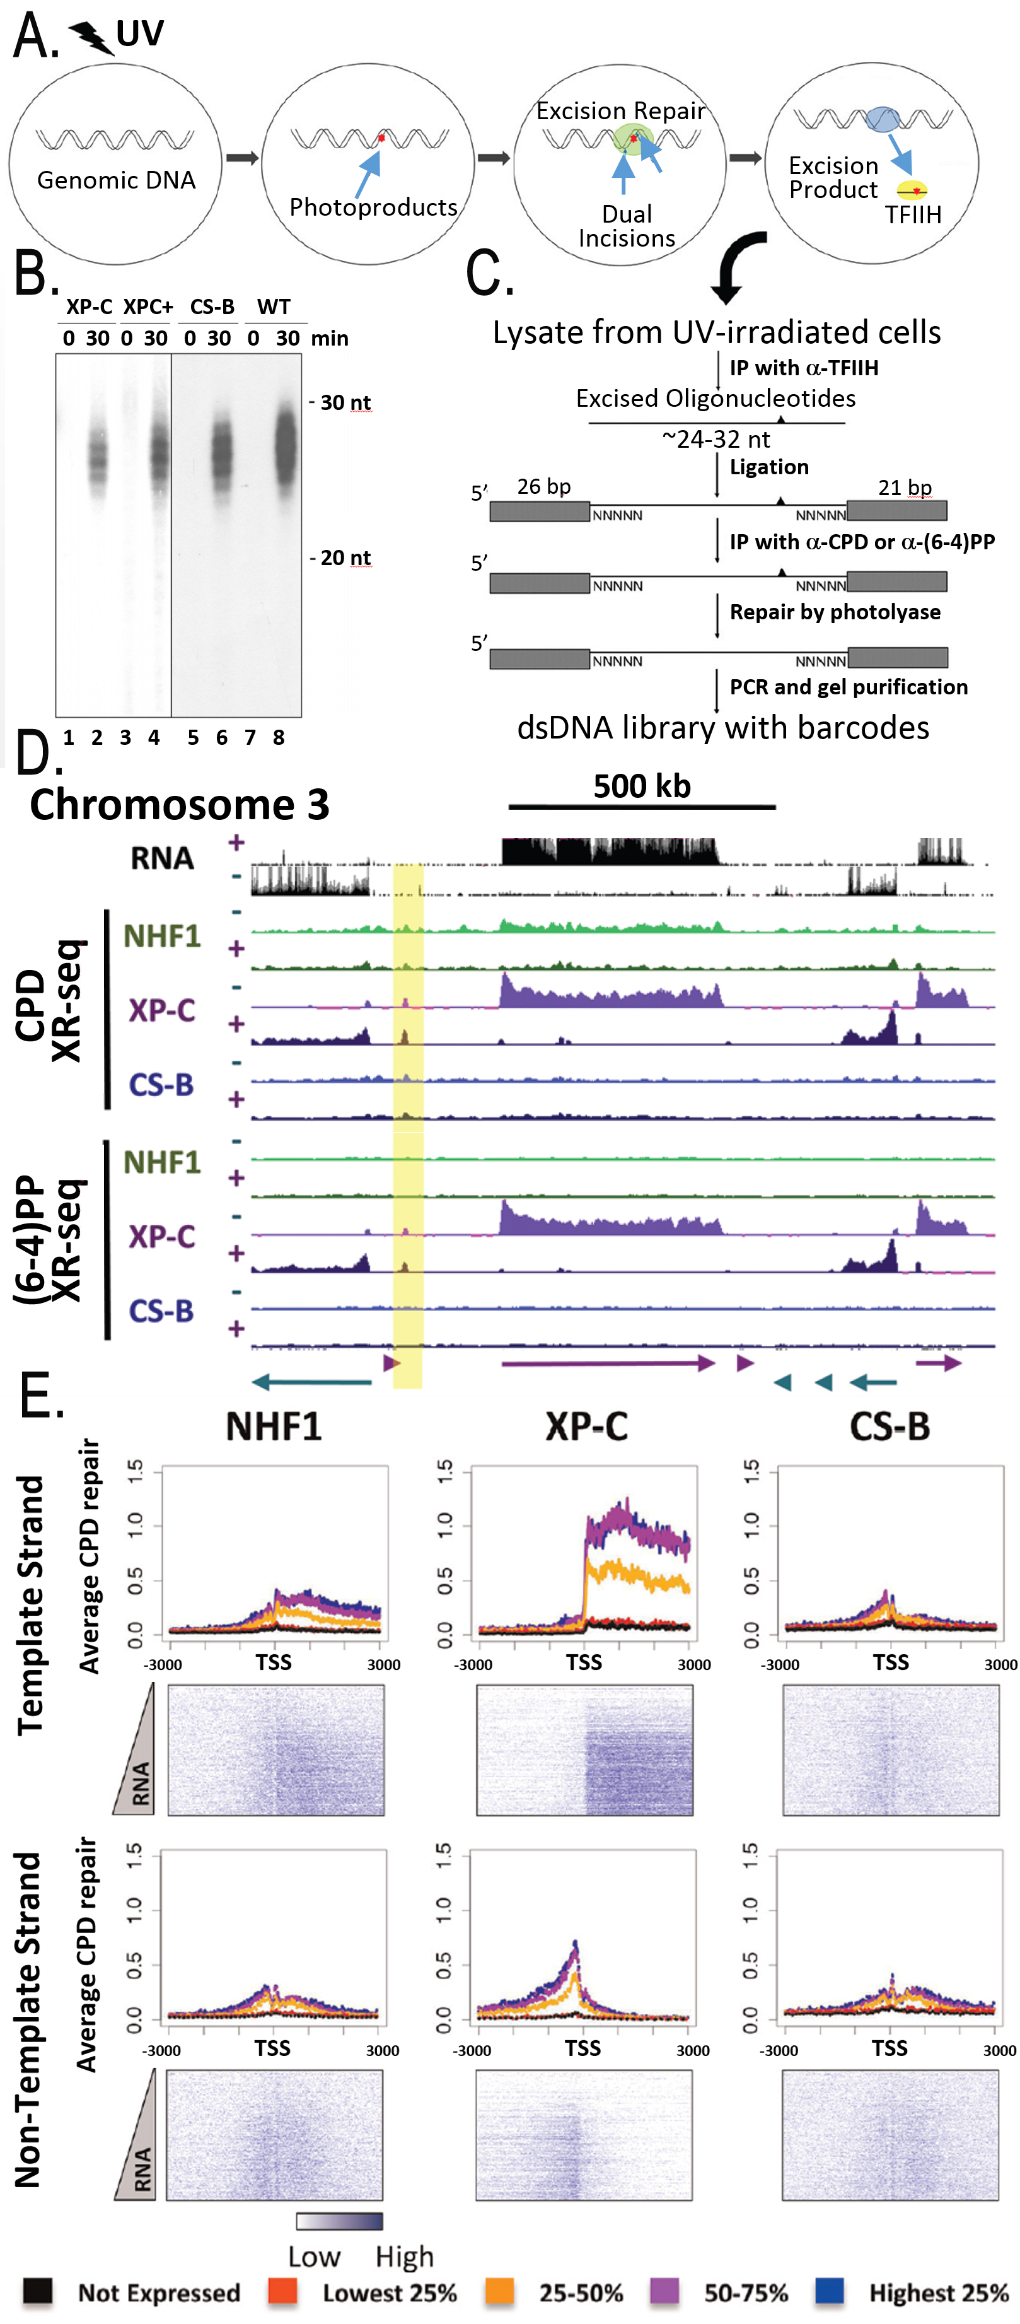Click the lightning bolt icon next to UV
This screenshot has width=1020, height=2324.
pos(91,38)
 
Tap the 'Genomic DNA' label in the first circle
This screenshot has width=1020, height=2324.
pos(117,180)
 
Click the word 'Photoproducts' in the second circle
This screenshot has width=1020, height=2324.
pos(373,207)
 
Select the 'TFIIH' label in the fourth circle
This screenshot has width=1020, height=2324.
pos(913,214)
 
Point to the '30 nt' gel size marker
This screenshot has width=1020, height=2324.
pos(344,402)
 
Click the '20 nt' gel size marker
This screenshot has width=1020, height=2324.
pos(344,558)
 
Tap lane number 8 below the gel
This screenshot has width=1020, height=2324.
pos(279,738)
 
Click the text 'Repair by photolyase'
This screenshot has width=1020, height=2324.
pos(834,612)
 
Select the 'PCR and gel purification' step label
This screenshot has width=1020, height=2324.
pos(848,687)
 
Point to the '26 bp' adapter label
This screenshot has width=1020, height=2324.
pos(544,486)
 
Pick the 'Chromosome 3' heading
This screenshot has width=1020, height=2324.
pos(180,804)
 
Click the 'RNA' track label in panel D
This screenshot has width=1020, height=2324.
pos(163,858)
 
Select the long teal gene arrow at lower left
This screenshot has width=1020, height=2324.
pos(311,1381)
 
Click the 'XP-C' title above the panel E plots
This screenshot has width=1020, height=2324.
pos(586,1427)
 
